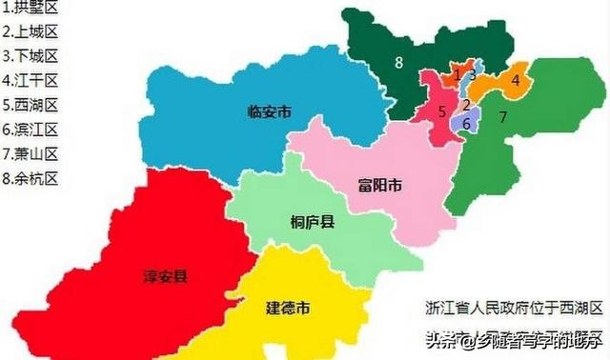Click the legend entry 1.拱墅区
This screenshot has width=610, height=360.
30,8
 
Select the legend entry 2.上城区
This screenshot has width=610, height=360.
30,31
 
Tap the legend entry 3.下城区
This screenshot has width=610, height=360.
30,56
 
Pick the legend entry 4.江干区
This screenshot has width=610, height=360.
30,80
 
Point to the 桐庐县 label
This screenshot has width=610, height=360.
312,223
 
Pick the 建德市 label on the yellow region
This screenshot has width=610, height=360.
287,308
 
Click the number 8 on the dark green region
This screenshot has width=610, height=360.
398,63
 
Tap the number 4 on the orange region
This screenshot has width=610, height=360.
516,81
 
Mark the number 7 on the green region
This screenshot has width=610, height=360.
502,118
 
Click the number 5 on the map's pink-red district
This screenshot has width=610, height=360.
442,111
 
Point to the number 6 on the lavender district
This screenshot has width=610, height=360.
465,123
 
